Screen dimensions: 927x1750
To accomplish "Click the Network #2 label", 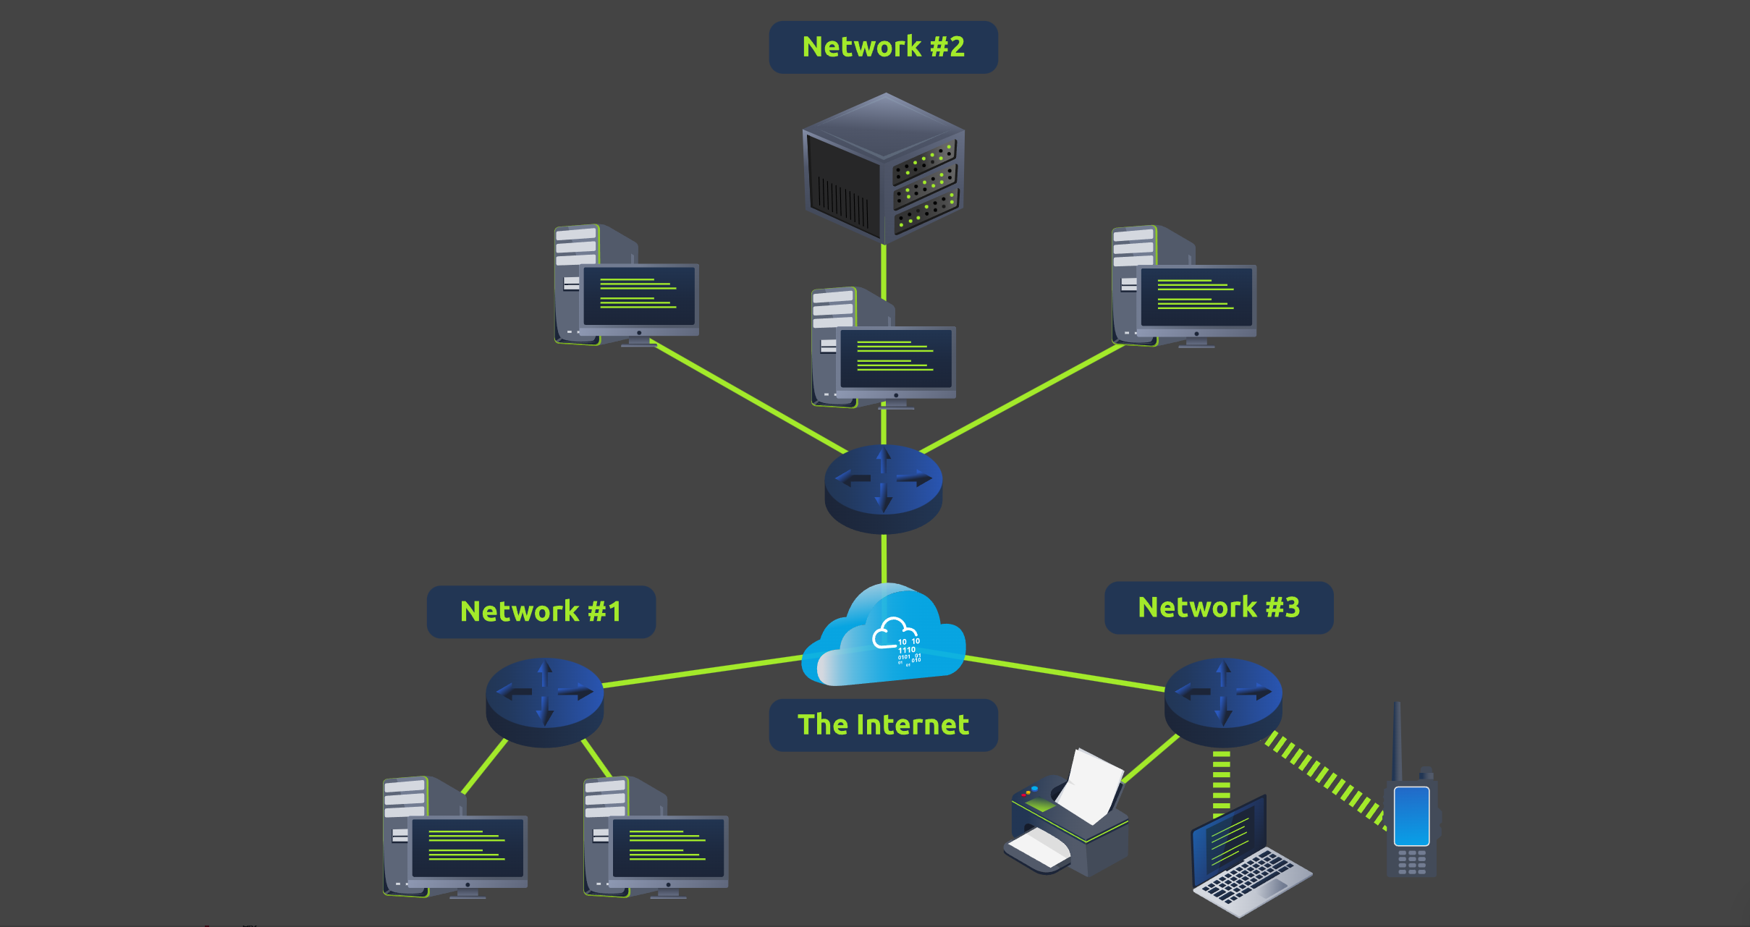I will [x=883, y=47].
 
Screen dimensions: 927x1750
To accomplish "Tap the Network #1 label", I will [x=541, y=611].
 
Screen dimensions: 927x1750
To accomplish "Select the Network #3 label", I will [x=1219, y=608].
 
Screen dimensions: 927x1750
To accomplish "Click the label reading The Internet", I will [x=883, y=725].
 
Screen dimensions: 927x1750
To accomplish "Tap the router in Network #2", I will [x=883, y=488].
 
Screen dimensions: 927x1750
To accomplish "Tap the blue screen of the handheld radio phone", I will [x=1411, y=816].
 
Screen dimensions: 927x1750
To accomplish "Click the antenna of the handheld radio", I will [x=1397, y=738].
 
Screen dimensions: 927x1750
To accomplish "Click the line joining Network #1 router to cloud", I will [x=702, y=671].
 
